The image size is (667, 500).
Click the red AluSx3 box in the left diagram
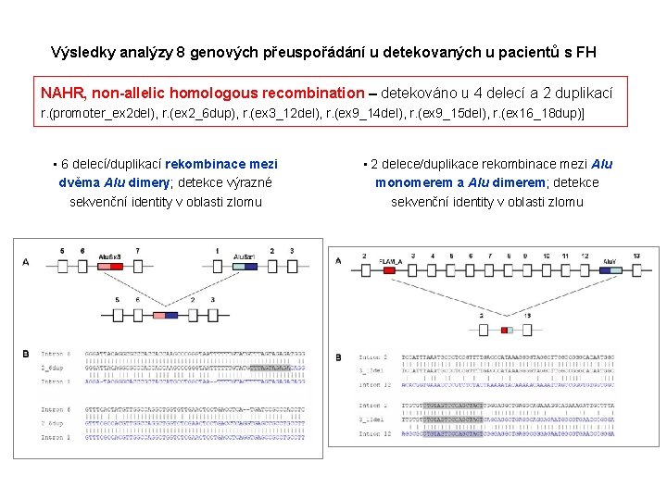(x=109, y=263)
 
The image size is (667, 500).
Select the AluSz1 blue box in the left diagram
(x=244, y=263)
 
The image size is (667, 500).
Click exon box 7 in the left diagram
(x=137, y=263)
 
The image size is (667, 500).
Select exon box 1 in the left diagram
(x=216, y=263)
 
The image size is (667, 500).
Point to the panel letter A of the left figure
(x=26, y=262)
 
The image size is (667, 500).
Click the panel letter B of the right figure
(x=338, y=357)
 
